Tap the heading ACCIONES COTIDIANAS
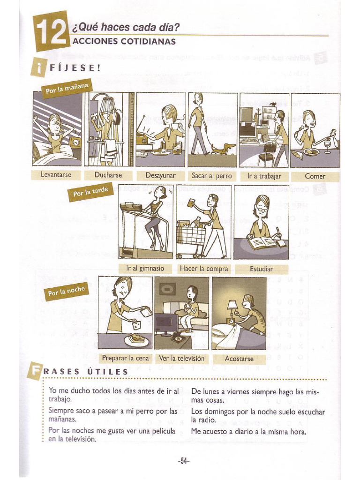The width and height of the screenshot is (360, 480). pyautogui.click(x=124, y=41)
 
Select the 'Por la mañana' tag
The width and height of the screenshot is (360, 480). pyautogui.click(x=67, y=88)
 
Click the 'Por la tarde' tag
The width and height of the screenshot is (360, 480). pyautogui.click(x=91, y=192)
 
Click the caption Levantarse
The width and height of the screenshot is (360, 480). pyautogui.click(x=56, y=175)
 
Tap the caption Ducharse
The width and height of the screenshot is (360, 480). pyautogui.click(x=108, y=175)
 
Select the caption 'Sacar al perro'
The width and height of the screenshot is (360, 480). pyautogui.click(x=212, y=176)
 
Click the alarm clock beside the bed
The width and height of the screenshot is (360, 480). pyautogui.click(x=75, y=142)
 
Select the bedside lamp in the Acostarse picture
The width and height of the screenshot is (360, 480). pyautogui.click(x=232, y=308)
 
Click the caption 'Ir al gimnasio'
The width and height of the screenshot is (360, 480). pyautogui.click(x=145, y=269)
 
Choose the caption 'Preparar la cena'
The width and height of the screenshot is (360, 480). pyautogui.click(x=126, y=358)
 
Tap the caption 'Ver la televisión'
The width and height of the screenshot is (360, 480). pyautogui.click(x=181, y=358)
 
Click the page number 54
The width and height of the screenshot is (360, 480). pyautogui.click(x=183, y=461)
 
